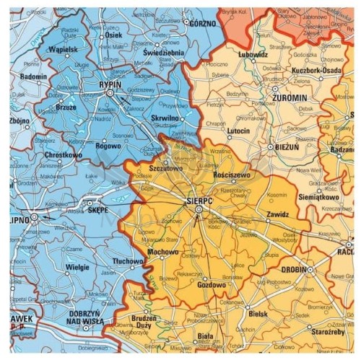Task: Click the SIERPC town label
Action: point(199,198)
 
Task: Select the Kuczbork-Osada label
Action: point(316,71)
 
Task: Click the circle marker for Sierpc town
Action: point(199,209)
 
